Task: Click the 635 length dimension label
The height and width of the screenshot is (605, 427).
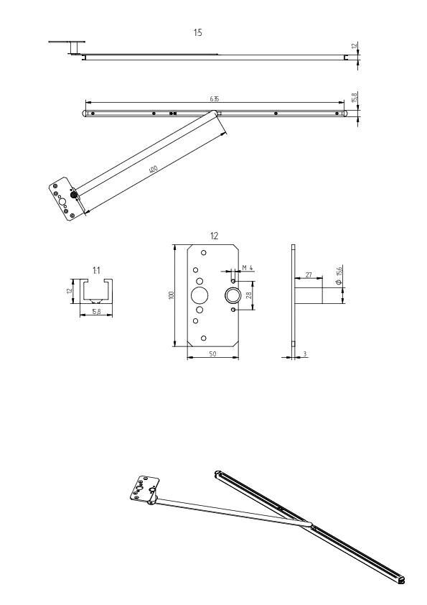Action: click(215, 98)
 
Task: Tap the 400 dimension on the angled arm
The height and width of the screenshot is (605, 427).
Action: click(153, 169)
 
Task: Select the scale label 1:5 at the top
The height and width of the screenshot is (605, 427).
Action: click(197, 33)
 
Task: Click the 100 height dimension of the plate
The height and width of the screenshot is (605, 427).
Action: click(172, 295)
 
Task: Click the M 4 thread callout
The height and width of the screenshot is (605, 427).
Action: click(248, 268)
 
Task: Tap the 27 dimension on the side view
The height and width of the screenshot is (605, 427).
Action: click(307, 274)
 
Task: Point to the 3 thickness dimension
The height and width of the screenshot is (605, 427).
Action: click(306, 354)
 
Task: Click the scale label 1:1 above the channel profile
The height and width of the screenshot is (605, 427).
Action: click(96, 269)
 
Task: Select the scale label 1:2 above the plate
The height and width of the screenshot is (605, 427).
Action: click(214, 236)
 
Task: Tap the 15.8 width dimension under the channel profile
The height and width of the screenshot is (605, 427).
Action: click(95, 312)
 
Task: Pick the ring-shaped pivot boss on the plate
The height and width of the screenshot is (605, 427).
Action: click(233, 295)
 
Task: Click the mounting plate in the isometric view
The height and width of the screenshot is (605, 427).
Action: click(146, 488)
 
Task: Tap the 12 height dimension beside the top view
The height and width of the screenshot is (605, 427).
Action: click(353, 46)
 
